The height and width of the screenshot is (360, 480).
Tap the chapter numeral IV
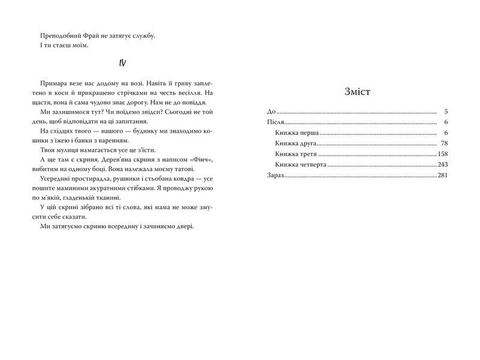[x=121, y=64]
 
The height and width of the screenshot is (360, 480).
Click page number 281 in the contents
[x=443, y=175]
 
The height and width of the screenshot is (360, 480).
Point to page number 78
[x=445, y=143]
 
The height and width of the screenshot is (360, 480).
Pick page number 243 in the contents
[x=443, y=164]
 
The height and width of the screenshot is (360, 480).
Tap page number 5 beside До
[x=446, y=112]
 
